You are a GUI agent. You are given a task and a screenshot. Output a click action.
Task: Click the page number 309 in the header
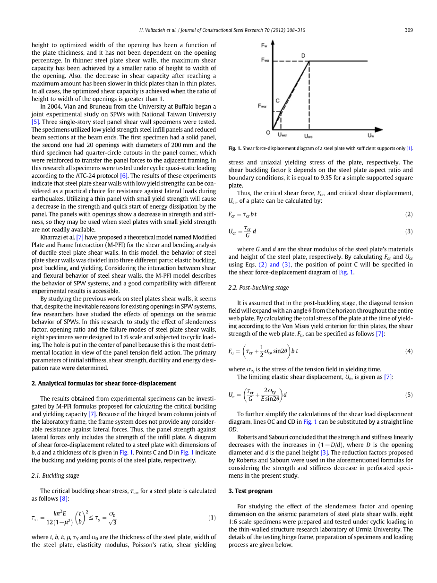409,30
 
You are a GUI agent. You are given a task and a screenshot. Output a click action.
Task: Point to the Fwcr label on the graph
262,106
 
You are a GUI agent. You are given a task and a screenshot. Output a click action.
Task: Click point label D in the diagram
303,56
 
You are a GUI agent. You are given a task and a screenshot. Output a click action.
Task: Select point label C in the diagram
277,101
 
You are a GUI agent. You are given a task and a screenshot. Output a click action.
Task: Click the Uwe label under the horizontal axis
308,136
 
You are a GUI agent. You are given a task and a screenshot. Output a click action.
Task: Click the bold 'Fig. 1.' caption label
235,148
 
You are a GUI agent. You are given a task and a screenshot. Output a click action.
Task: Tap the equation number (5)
409,394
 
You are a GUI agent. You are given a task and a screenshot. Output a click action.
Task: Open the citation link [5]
35,122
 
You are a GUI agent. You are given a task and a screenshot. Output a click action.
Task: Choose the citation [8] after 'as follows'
64,498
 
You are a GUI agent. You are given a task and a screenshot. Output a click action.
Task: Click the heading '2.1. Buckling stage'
55,475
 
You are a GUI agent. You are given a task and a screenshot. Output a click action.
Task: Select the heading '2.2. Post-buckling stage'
258,287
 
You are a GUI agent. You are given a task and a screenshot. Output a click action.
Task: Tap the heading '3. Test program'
250,491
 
